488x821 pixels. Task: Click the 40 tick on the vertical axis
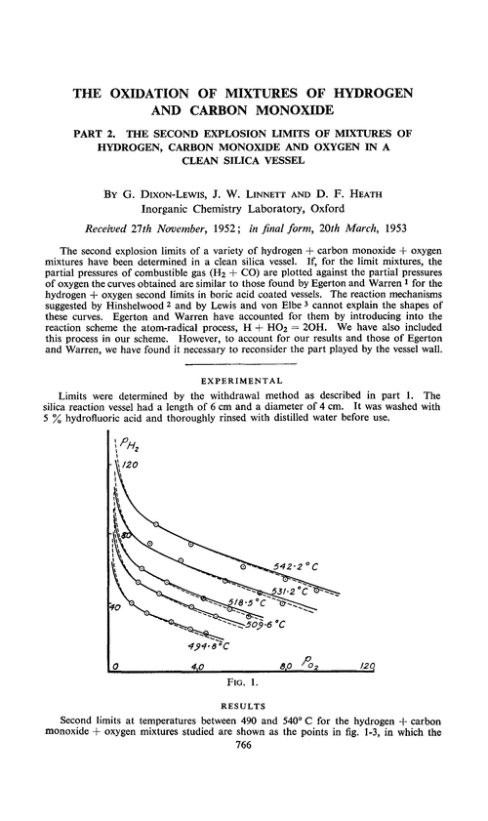coord(114,606)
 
